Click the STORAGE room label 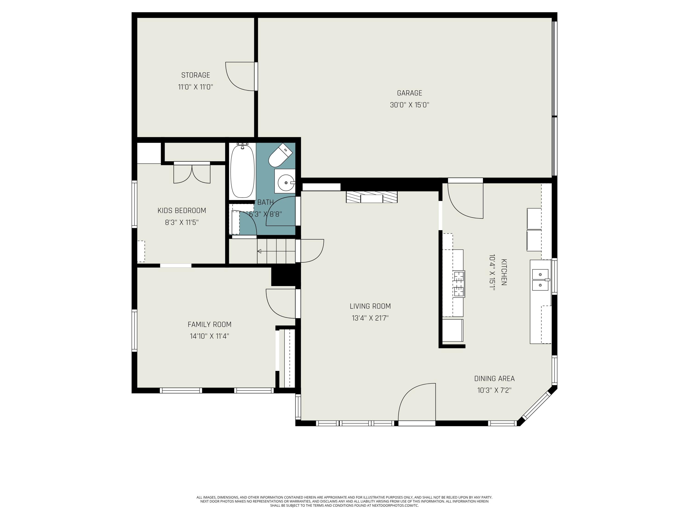(196, 75)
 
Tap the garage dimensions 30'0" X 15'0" (409, 105)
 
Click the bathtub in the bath (242, 172)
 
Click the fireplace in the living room (372, 197)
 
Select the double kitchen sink (540, 280)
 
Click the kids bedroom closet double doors (192, 173)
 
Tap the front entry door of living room (417, 403)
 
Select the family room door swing (280, 304)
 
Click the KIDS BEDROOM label (182, 211)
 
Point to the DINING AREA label (494, 379)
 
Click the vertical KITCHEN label (504, 272)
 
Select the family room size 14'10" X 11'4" (209, 336)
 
